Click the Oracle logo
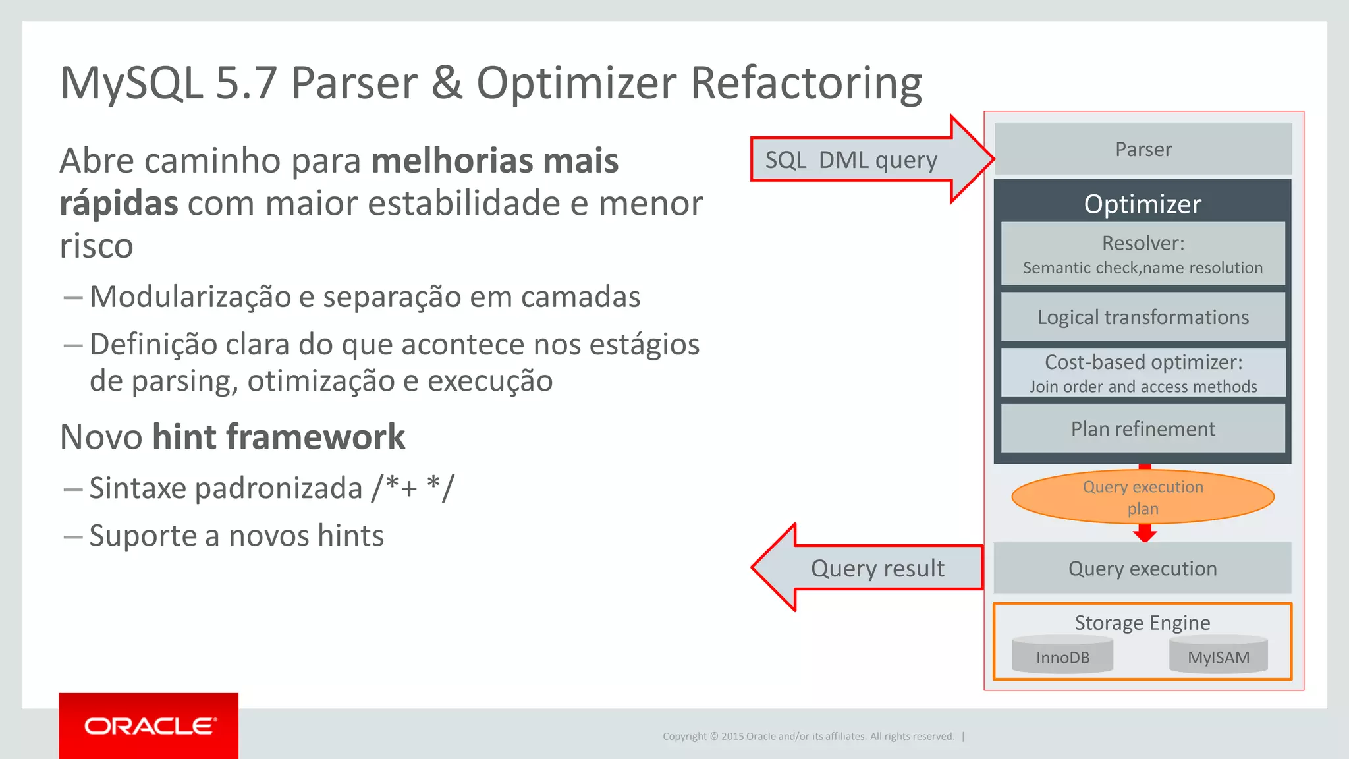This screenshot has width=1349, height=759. click(x=149, y=726)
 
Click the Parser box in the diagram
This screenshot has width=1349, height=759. click(x=1143, y=149)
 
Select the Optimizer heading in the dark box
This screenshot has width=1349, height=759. click(x=1143, y=204)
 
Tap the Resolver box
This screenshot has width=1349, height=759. click(x=1143, y=254)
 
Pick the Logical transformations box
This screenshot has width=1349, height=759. click(x=1143, y=317)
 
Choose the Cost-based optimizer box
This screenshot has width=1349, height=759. click(x=1143, y=373)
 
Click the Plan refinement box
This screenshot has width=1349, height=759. click(x=1143, y=429)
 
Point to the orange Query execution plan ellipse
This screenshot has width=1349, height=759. click(x=1143, y=497)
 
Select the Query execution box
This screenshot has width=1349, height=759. click(x=1143, y=568)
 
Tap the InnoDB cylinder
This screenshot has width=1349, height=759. click(x=1062, y=656)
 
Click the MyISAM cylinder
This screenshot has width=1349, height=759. click(x=1218, y=656)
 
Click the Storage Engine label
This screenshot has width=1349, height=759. click(x=1143, y=623)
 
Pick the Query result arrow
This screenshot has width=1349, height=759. click(x=869, y=568)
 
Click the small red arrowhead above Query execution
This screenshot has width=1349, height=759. click(x=1145, y=533)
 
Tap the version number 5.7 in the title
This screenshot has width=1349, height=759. click(x=246, y=84)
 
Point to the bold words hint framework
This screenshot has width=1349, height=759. click(x=279, y=437)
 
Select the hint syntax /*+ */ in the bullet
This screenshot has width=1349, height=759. click(x=413, y=488)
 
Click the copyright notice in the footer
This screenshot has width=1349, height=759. click(x=808, y=736)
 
